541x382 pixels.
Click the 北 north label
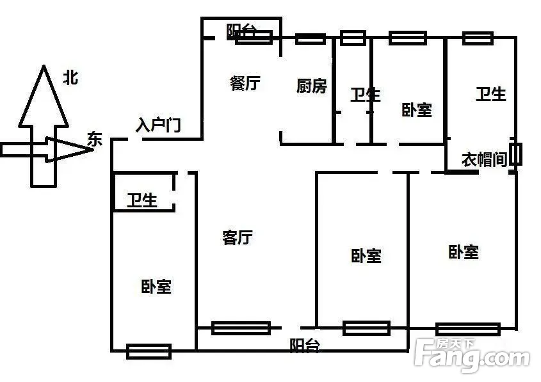pyautogui.click(x=70, y=78)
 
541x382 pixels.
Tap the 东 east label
pyautogui.click(x=95, y=139)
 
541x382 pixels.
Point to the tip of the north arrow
pyautogui.click(x=43, y=67)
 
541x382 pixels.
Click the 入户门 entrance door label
pyautogui.click(x=157, y=125)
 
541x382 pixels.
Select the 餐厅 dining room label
pyautogui.click(x=245, y=83)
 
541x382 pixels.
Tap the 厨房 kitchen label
pyautogui.click(x=312, y=86)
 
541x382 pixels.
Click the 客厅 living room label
pyautogui.click(x=238, y=238)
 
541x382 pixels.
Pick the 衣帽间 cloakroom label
pyautogui.click(x=485, y=160)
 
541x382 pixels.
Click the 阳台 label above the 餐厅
pyautogui.click(x=241, y=31)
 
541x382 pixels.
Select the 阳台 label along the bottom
pyautogui.click(x=305, y=346)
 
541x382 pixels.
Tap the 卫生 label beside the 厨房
pyautogui.click(x=365, y=95)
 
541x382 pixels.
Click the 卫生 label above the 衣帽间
pyautogui.click(x=491, y=94)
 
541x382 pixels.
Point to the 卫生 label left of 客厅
pyautogui.click(x=141, y=201)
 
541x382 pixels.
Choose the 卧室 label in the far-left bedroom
pyautogui.click(x=156, y=286)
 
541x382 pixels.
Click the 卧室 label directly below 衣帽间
pyautogui.click(x=464, y=252)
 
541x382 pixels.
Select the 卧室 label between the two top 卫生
pyautogui.click(x=417, y=110)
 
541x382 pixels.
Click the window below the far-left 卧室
pyautogui.click(x=149, y=351)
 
